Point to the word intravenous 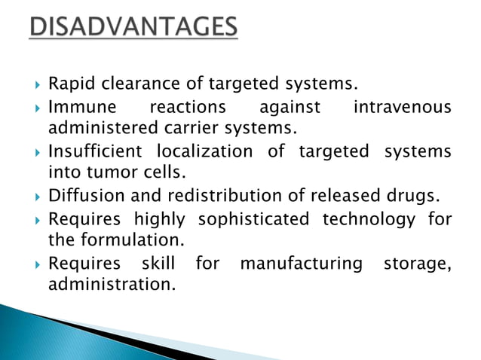click(402, 108)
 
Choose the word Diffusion click(81, 197)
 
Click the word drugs click(413, 197)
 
